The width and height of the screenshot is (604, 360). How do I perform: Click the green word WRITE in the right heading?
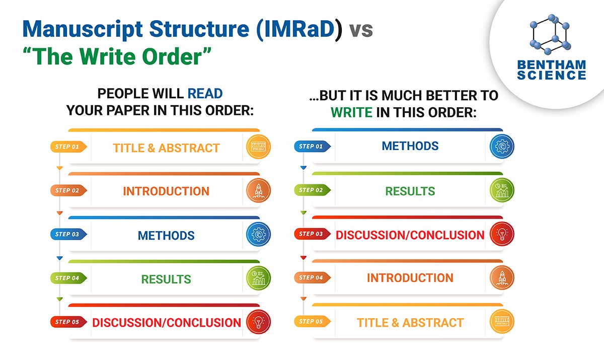tap(351, 112)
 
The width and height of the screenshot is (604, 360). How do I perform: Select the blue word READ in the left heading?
tap(205, 93)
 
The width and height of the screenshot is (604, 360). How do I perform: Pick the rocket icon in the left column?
tap(258, 191)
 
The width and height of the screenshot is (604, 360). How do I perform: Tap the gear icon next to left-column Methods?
tap(258, 235)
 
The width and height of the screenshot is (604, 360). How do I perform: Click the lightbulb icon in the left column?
tap(258, 322)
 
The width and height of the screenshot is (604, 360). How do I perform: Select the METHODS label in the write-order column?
tap(410, 146)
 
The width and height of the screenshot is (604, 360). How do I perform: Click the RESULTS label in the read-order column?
tap(166, 279)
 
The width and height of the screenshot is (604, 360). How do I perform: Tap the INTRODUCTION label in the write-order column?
tap(410, 278)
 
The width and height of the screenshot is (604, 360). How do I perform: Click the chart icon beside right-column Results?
tap(502, 190)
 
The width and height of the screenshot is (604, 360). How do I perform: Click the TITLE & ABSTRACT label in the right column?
tap(410, 322)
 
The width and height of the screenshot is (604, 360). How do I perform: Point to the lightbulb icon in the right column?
tap(502, 234)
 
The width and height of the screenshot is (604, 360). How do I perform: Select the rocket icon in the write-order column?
tap(502, 278)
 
